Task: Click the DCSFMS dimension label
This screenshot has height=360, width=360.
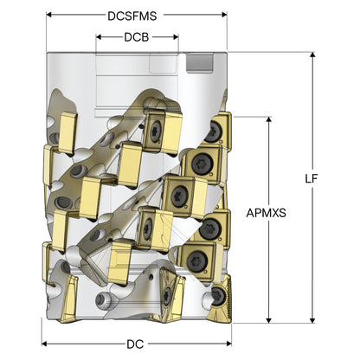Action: pyautogui.click(x=132, y=16)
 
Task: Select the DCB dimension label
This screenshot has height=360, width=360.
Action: pyautogui.click(x=137, y=37)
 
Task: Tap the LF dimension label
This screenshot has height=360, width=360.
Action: pyautogui.click(x=312, y=179)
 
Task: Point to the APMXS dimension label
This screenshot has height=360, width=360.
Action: pyautogui.click(x=266, y=213)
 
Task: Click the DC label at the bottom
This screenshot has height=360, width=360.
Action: pyautogui.click(x=135, y=344)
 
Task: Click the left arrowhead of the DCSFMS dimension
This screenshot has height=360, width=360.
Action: pyautogui.click(x=49, y=15)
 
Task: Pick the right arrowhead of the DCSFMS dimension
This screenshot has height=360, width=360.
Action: pyautogui.click(x=224, y=15)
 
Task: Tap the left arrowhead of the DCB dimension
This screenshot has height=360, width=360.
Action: pyautogui.click(x=99, y=37)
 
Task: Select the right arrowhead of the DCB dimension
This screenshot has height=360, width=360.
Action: pyautogui.click(x=176, y=37)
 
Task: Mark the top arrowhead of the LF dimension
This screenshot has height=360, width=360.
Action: pyautogui.click(x=312, y=55)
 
